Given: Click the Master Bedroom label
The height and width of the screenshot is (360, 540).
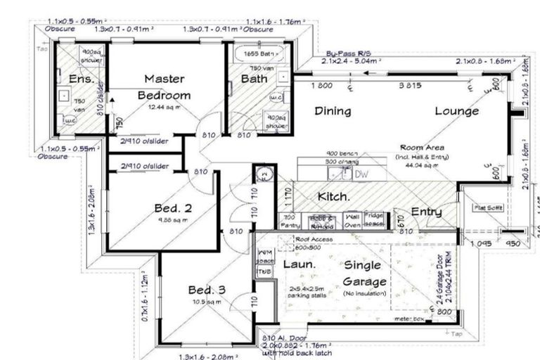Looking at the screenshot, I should (165, 86).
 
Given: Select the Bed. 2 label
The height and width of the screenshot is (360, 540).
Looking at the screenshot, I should (173, 208).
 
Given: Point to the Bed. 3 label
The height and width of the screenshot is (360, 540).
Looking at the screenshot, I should (207, 290).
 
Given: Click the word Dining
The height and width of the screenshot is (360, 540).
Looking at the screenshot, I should (333, 110).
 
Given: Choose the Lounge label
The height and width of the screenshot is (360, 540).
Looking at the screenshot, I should (456, 110).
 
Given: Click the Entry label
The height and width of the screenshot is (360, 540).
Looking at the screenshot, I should (426, 212).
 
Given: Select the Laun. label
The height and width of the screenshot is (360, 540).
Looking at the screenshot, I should (297, 265).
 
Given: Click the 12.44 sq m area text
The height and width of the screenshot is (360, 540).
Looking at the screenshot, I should (164, 107).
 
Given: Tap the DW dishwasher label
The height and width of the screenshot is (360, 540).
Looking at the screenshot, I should (361, 174).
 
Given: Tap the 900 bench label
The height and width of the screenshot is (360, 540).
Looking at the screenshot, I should (342, 153).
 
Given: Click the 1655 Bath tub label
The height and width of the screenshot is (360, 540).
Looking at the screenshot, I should (255, 53).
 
